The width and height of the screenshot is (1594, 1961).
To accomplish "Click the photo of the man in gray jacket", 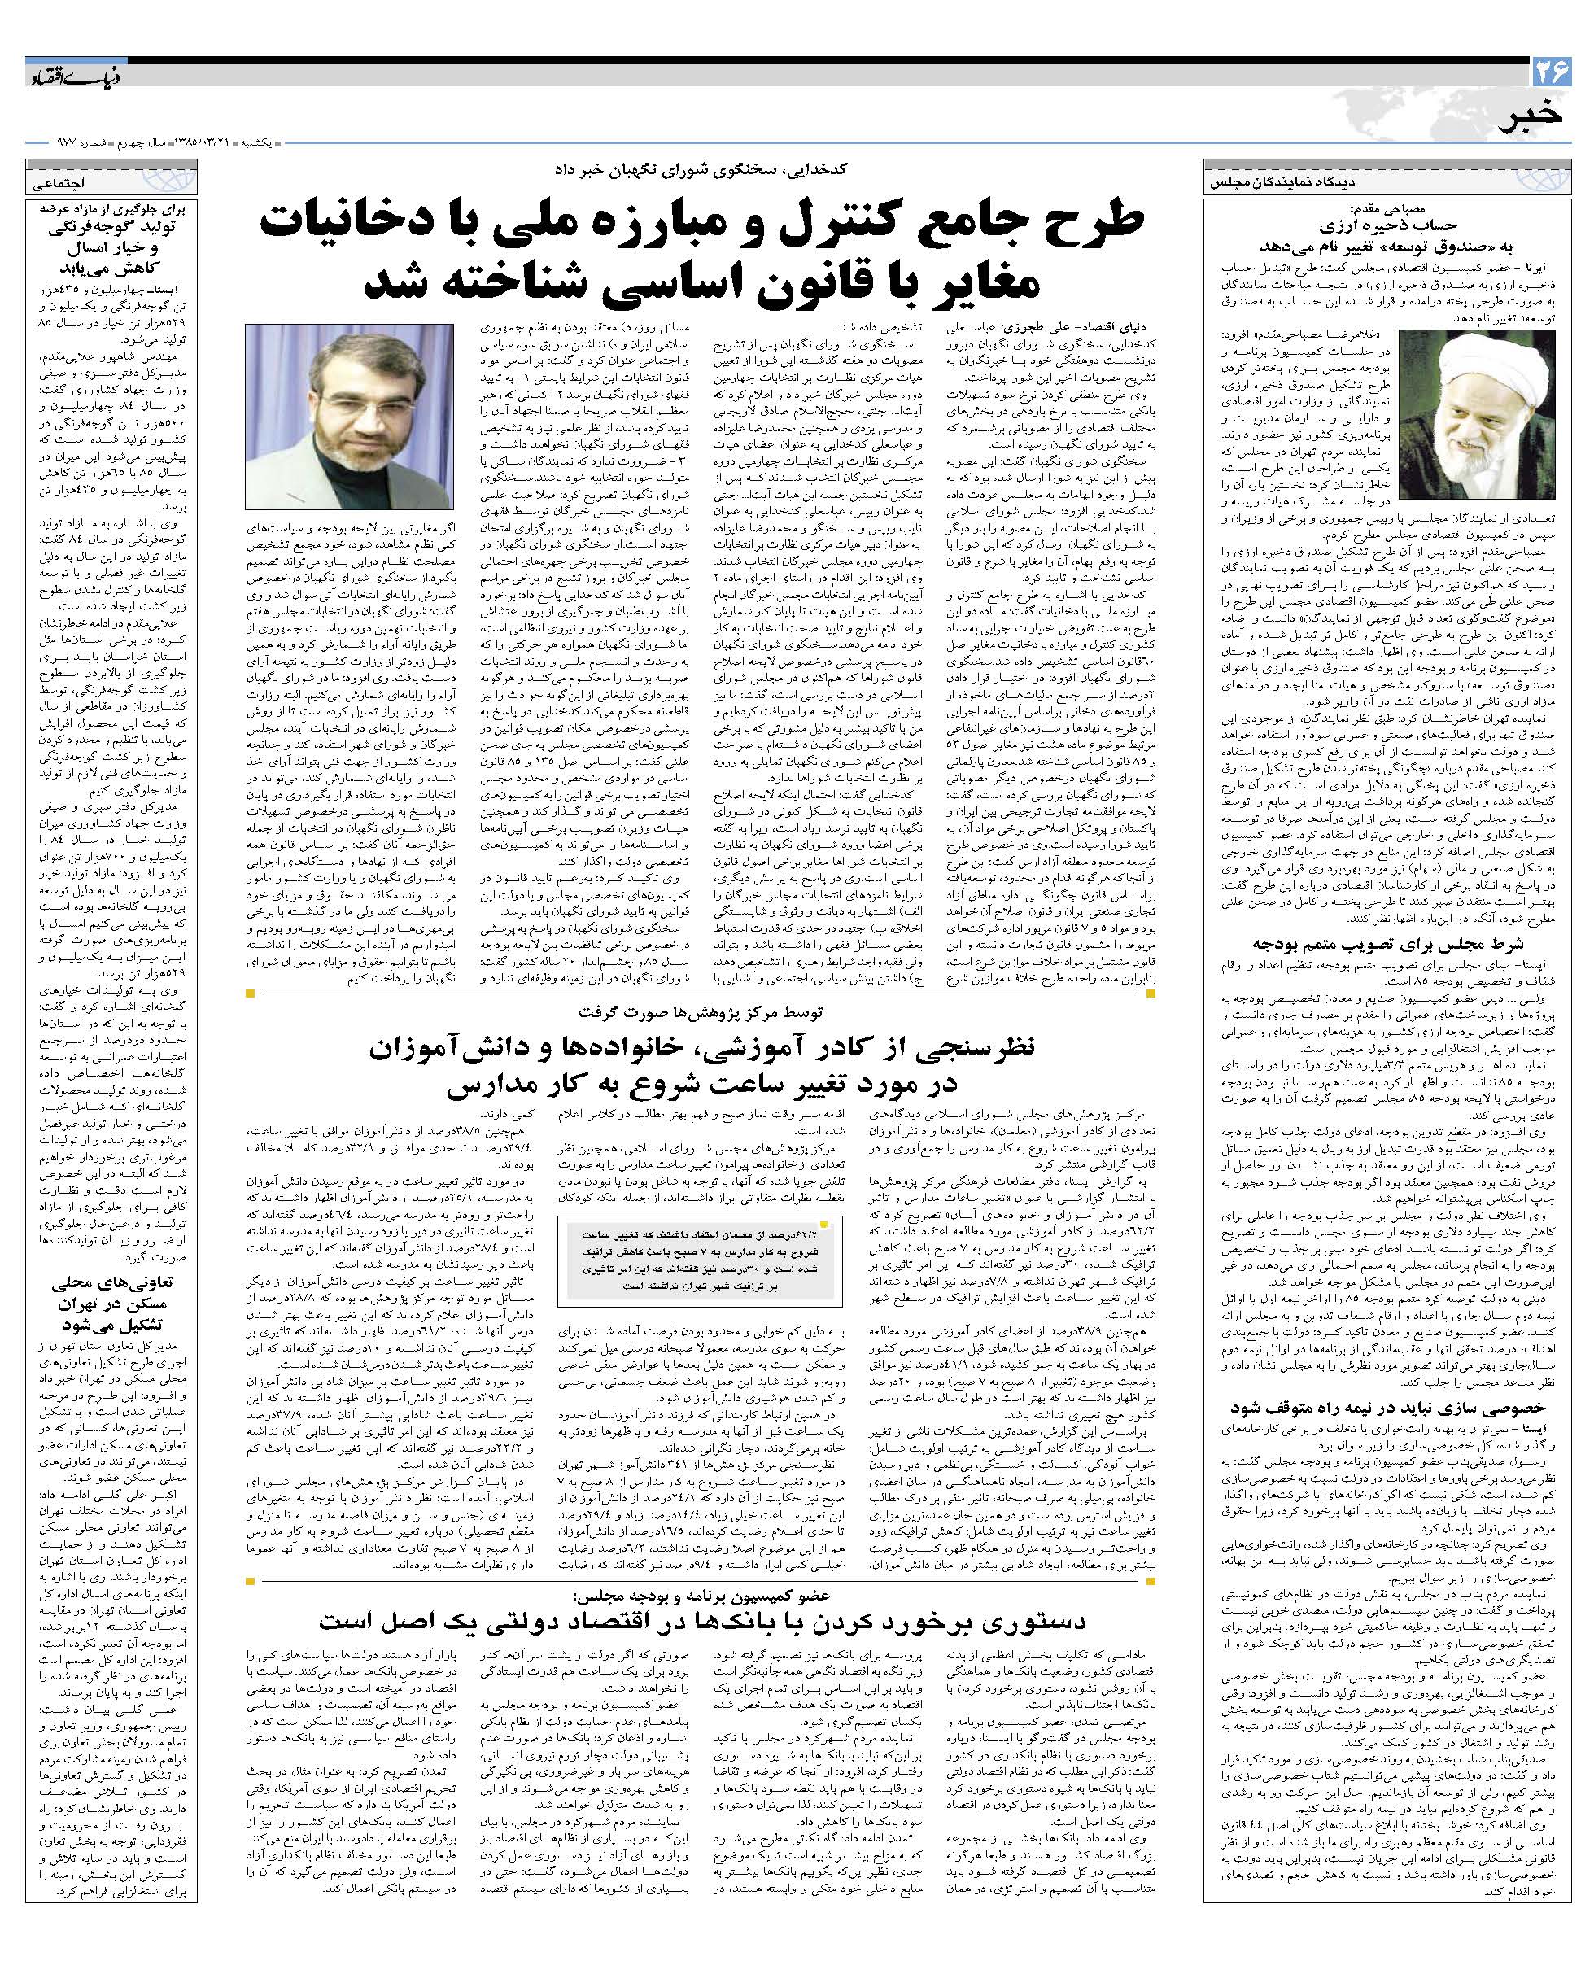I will coord(350,416).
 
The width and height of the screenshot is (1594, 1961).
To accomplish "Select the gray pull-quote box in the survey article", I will coord(701,1260).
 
